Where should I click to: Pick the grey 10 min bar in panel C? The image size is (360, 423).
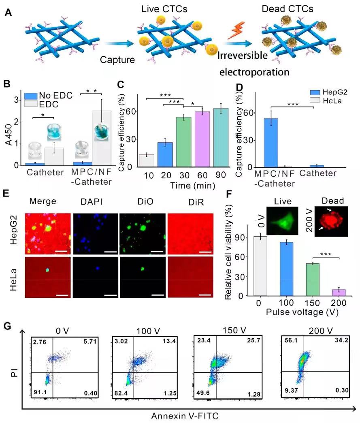(x=147, y=160)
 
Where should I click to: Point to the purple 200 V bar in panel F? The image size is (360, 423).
(x=339, y=292)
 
